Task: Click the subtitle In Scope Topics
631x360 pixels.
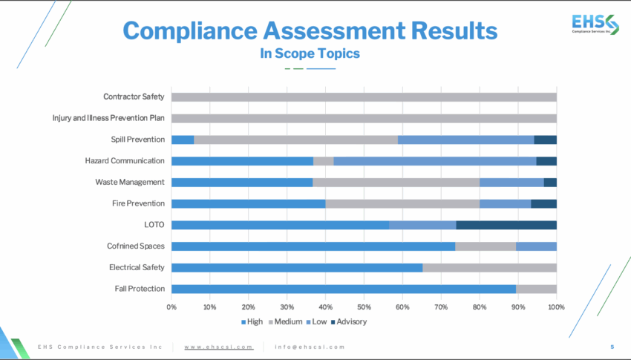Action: point(310,53)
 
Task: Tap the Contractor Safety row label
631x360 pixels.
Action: point(134,96)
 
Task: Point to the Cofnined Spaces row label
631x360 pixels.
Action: point(137,246)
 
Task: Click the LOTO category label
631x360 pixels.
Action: point(154,225)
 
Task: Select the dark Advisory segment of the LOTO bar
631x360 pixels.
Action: point(506,225)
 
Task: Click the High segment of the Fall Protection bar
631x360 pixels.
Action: point(343,289)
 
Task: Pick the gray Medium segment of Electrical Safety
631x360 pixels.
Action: point(489,267)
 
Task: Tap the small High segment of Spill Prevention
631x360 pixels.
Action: point(183,140)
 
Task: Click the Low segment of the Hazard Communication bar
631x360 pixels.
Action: point(434,160)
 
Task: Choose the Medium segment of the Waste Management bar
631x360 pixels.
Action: point(396,182)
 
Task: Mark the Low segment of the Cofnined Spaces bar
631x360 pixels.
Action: point(536,246)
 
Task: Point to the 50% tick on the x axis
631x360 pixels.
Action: point(364,307)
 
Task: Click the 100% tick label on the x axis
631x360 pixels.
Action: point(556,307)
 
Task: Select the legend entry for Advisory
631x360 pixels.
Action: point(348,321)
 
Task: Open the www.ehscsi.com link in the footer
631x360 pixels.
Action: point(218,347)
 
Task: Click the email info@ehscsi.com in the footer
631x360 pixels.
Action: point(310,347)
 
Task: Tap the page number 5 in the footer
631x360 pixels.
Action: point(612,347)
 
